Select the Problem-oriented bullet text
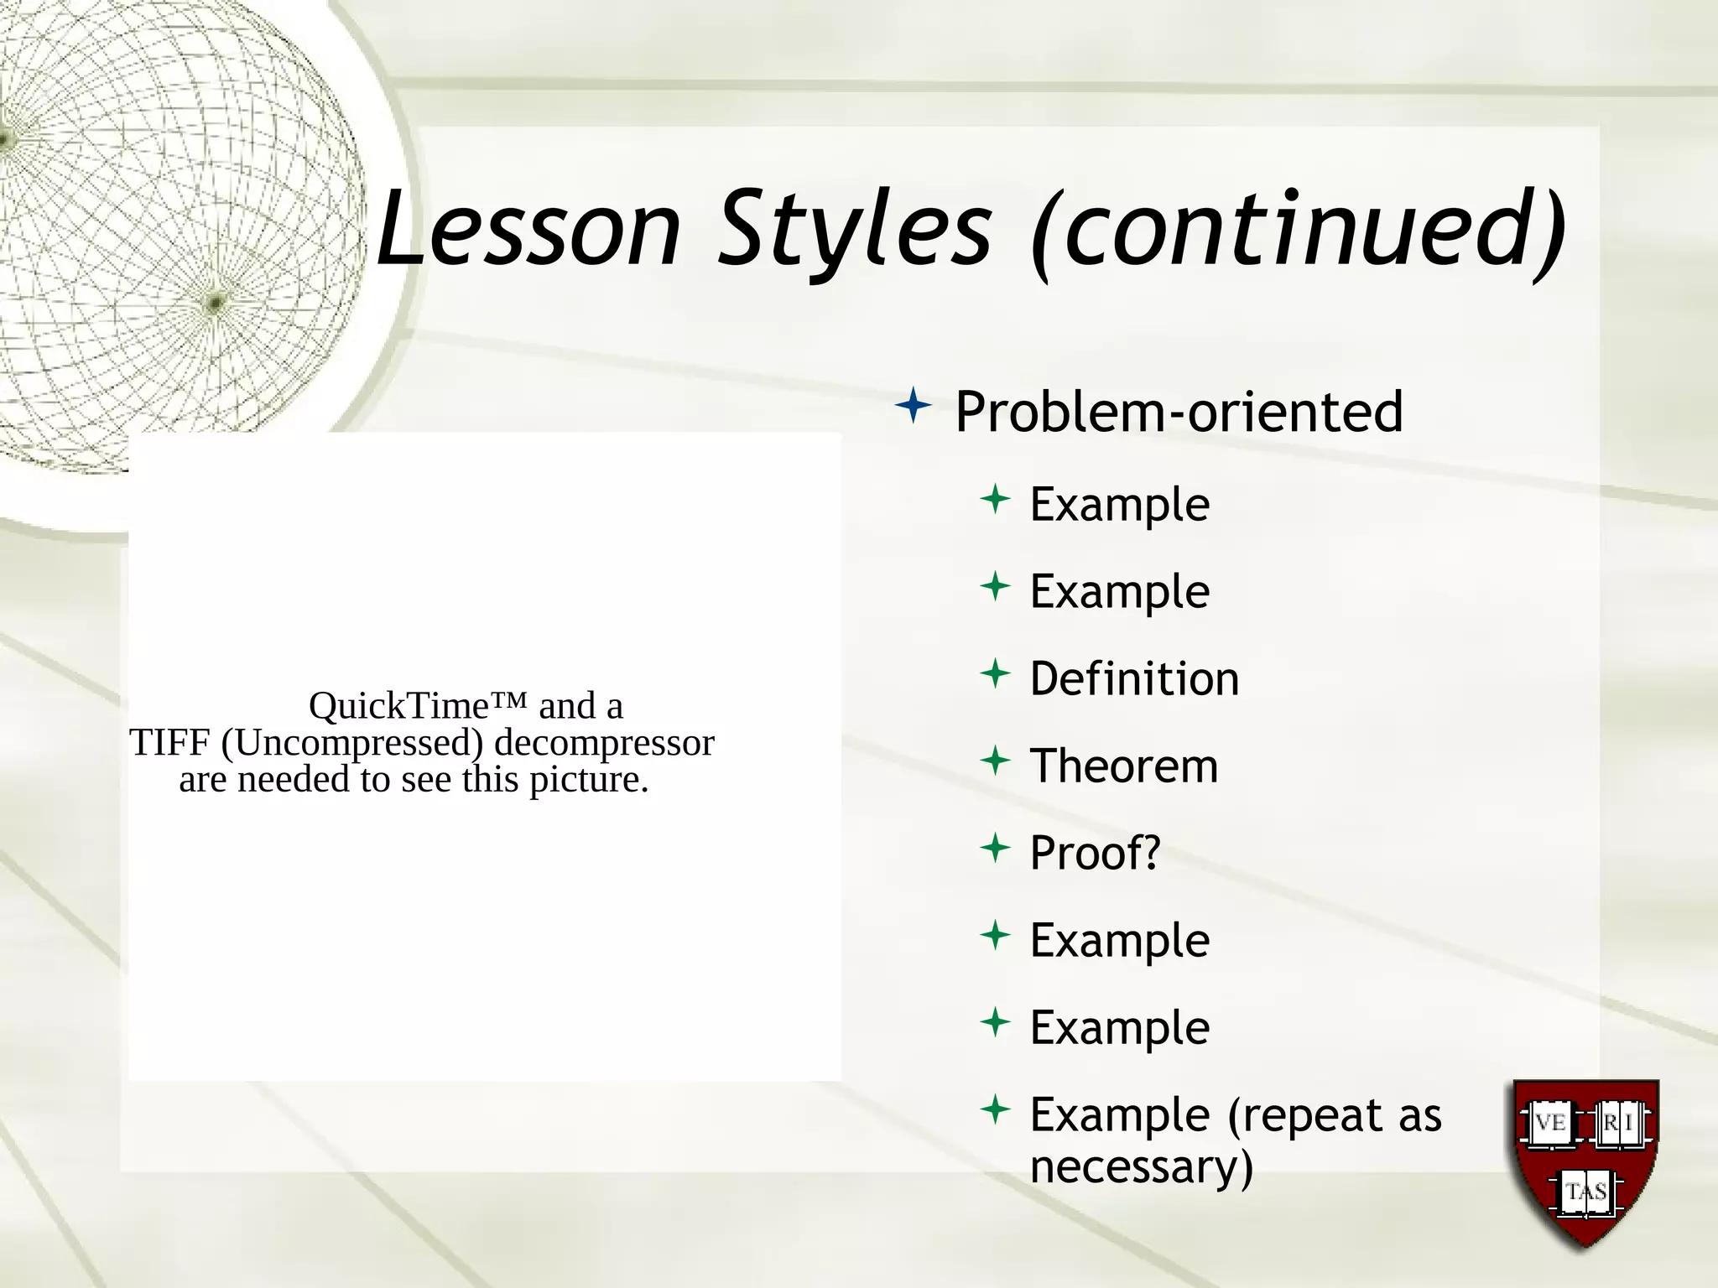(1179, 412)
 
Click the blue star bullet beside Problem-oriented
(914, 408)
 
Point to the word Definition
(1134, 678)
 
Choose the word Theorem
(1123, 766)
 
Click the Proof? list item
(1095, 853)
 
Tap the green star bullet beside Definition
(995, 673)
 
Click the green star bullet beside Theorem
(995, 761)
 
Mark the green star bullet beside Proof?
(995, 848)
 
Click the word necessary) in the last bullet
(1141, 1166)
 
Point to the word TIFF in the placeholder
(169, 742)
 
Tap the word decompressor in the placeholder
(604, 743)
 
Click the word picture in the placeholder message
(588, 780)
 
